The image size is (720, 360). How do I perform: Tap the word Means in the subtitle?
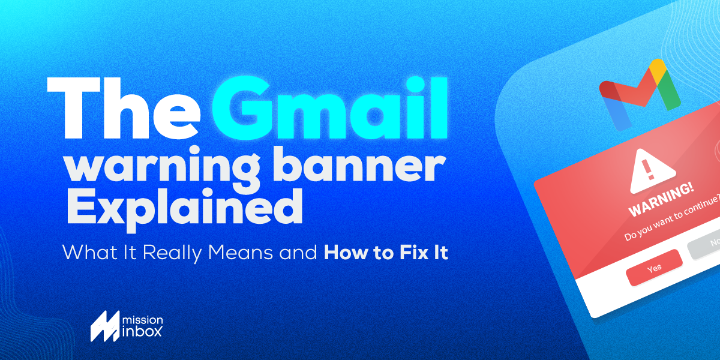(247, 253)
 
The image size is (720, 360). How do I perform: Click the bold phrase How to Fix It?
(386, 253)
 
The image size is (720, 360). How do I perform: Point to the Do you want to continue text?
(672, 222)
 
